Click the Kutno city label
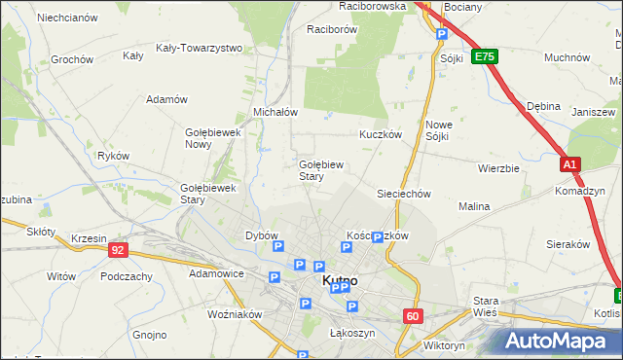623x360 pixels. coord(339,280)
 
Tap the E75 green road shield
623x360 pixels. coord(485,57)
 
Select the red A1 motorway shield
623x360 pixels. coord(570,165)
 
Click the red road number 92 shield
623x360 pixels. coord(118,250)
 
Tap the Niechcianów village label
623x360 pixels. coord(66,18)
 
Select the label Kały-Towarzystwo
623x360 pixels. coord(199,48)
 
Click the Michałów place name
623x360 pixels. coord(275,112)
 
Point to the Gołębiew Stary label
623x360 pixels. coord(319,170)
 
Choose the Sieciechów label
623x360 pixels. coord(404,194)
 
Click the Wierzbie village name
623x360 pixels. coord(498,167)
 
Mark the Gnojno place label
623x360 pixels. coord(150,335)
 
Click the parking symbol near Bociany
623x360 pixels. coord(441,34)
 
